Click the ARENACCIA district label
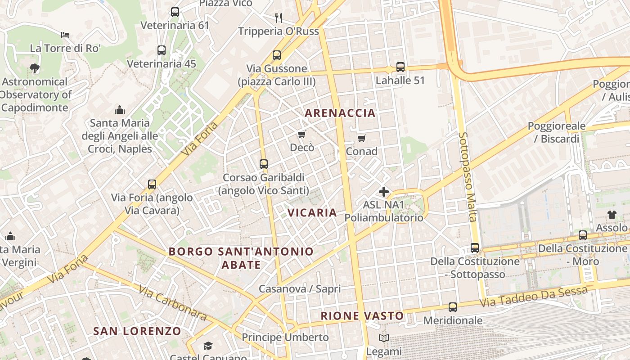point(340,113)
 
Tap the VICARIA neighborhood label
point(312,213)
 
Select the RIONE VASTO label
point(362,316)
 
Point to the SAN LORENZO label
point(137,332)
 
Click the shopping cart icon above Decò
point(301,135)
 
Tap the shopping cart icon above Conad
point(361,138)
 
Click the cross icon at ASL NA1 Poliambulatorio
point(384,192)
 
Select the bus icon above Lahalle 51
point(400,67)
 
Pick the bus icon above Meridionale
point(453,307)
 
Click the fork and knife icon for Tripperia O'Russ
point(279,18)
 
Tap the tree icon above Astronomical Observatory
point(35,68)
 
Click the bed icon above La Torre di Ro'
point(65,35)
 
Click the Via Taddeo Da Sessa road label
point(533,297)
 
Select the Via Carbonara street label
point(173,303)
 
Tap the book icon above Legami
point(384,338)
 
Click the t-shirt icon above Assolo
point(612,214)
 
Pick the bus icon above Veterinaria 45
point(162,50)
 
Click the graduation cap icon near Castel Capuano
point(208,346)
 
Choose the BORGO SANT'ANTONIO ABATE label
point(241,258)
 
